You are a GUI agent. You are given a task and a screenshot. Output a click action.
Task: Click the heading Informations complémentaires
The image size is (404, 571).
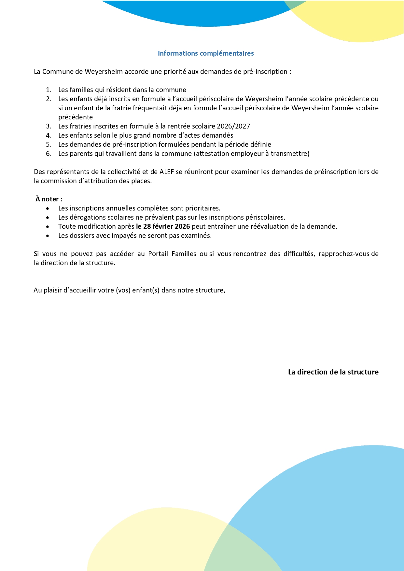pos(206,53)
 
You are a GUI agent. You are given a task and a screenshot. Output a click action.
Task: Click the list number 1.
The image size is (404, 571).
pos(49,90)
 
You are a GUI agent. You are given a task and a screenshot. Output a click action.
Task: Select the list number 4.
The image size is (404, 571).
pos(49,135)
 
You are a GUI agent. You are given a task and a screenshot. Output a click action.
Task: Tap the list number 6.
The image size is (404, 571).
pos(49,154)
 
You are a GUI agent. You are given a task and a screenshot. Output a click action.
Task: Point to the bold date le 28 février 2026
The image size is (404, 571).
pos(163,226)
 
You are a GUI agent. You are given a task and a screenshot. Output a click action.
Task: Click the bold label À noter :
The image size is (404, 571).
pos(49,199)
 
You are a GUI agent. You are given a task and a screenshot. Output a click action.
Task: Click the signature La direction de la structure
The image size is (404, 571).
pos(333,372)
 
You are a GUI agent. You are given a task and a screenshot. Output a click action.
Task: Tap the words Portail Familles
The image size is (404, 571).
pos(172,254)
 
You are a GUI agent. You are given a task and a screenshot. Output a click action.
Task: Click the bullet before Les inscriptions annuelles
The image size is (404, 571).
pos(48,209)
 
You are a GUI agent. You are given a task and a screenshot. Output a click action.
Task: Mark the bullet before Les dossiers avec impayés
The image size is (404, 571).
pos(48,236)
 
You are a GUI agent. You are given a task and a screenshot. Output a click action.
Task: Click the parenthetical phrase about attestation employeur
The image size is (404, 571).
pos(252,154)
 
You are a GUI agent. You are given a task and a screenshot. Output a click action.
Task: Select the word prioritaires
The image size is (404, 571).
pos(203,208)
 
